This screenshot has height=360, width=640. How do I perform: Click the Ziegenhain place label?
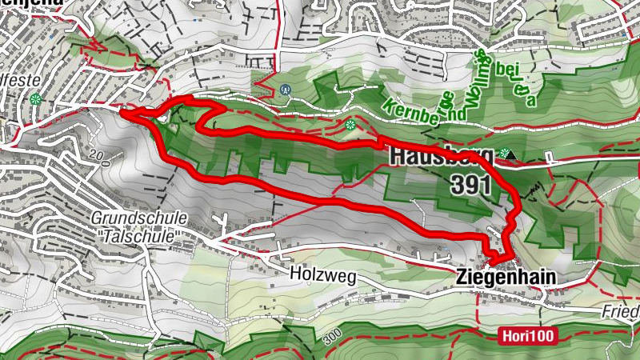tap(506, 277)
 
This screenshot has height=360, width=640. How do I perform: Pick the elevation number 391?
tap(470, 185)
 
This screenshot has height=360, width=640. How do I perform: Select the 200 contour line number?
tap(98, 155)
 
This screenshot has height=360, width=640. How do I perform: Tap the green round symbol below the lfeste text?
tap(34, 100)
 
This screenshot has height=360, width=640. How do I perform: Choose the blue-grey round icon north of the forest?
tap(286, 90)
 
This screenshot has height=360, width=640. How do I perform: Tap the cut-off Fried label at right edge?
tap(621, 310)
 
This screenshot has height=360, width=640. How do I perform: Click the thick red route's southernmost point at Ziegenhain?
tap(494, 263)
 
